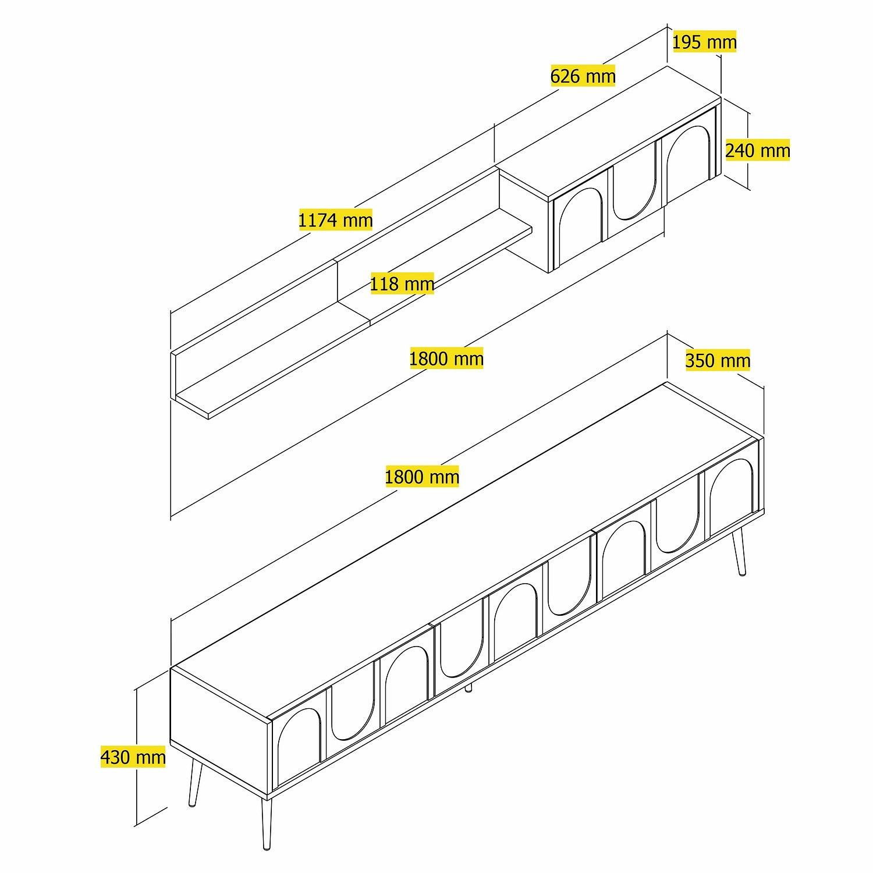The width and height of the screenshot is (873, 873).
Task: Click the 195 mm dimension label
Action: click(704, 42)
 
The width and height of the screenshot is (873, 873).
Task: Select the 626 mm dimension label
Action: click(583, 76)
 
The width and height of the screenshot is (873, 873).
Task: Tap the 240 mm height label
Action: click(757, 151)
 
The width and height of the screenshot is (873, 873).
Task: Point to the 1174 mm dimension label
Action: click(335, 220)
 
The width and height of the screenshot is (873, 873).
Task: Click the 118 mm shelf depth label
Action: click(402, 284)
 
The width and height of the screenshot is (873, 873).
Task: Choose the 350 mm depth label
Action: click(718, 360)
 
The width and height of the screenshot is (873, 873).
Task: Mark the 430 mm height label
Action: click(133, 757)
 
